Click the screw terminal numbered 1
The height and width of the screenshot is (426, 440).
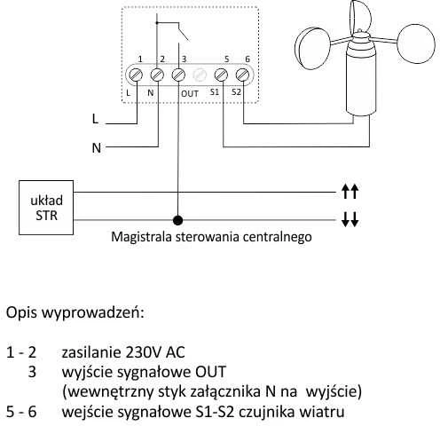click(x=136, y=75)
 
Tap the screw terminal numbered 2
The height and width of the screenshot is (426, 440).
click(x=157, y=75)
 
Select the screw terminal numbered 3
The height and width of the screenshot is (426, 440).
click(x=178, y=75)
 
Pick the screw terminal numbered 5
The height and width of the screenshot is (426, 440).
click(x=221, y=75)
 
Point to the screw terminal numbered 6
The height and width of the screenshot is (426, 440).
click(x=242, y=75)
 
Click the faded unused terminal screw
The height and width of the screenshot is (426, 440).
click(x=200, y=75)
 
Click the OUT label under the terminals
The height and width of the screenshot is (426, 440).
click(x=190, y=94)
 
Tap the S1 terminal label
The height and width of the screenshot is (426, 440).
click(x=215, y=92)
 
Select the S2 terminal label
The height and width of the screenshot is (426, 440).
click(x=236, y=92)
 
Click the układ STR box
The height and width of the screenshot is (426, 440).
click(x=46, y=208)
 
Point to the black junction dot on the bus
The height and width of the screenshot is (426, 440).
click(x=177, y=220)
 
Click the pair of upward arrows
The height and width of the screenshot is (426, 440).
click(x=350, y=192)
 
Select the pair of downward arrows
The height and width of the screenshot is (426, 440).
click(x=350, y=219)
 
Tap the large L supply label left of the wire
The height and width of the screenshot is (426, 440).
click(x=95, y=119)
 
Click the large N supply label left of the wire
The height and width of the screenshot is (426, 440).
click(x=97, y=147)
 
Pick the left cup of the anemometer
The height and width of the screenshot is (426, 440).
click(x=312, y=48)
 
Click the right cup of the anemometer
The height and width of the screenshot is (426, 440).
click(x=416, y=43)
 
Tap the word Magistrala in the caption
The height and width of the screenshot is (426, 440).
click(x=142, y=237)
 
